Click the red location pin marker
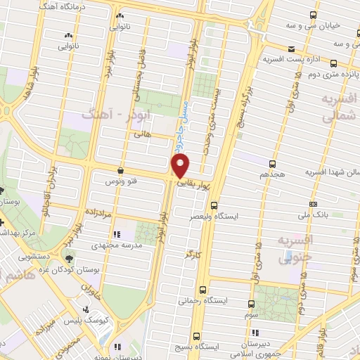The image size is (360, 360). click(x=181, y=166)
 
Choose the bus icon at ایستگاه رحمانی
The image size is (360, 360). click(x=203, y=290)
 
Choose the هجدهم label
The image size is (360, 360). click(x=273, y=173)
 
